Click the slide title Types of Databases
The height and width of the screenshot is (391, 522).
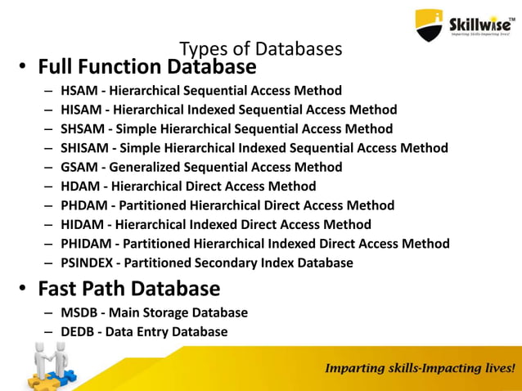pos(260,49)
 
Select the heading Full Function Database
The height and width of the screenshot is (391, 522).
pos(147,66)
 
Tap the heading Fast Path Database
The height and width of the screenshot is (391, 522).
pos(129,289)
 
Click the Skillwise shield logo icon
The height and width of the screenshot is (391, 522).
pos(429,25)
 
